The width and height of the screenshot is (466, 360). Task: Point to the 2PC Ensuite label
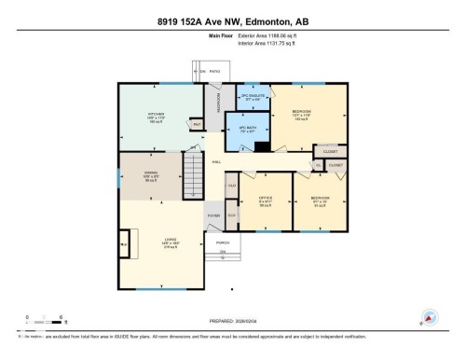pos(254,98)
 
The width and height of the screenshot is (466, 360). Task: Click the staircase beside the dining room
pos(193,172)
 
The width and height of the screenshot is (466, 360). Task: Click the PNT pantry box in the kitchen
pos(197,123)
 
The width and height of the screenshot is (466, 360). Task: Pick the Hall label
pos(216,162)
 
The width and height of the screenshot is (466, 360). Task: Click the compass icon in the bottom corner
pos(430,317)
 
